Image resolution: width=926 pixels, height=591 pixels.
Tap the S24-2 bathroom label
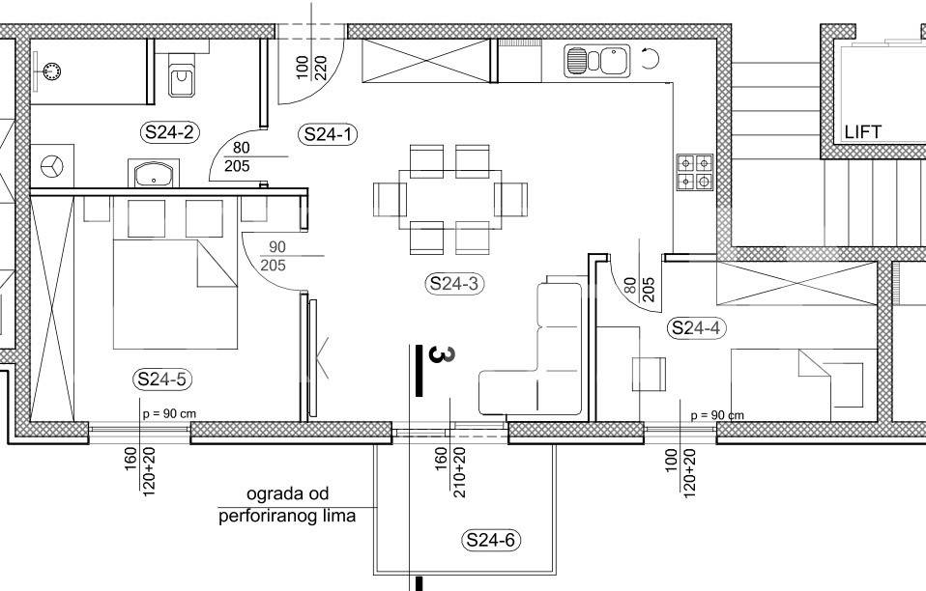coord(169,132)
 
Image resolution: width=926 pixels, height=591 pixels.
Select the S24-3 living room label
coord(454,284)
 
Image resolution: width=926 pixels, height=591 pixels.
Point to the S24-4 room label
coord(697,327)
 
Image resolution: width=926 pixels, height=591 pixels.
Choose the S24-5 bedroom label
coord(162,379)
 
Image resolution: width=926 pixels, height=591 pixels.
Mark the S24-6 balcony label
coord(491,540)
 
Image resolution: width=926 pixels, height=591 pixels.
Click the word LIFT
coord(863,131)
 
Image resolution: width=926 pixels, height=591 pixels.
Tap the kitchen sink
coord(596,61)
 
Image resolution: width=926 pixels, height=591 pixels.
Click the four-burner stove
coord(694,172)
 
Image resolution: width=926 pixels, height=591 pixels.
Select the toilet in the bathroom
coord(183,75)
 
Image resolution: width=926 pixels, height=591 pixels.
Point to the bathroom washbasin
coord(154,174)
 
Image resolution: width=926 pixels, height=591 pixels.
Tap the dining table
coord(450,199)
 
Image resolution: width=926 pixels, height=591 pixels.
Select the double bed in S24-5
coord(175,294)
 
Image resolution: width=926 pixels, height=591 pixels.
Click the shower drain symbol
coord(51,71)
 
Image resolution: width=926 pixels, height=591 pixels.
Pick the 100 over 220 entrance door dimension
coord(311,68)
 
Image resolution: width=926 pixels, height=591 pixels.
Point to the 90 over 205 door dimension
coord(273,256)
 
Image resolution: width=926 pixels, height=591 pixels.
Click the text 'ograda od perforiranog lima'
coord(288,505)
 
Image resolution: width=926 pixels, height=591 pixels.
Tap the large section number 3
coord(441,354)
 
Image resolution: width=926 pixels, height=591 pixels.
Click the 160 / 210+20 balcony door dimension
coord(450,472)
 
